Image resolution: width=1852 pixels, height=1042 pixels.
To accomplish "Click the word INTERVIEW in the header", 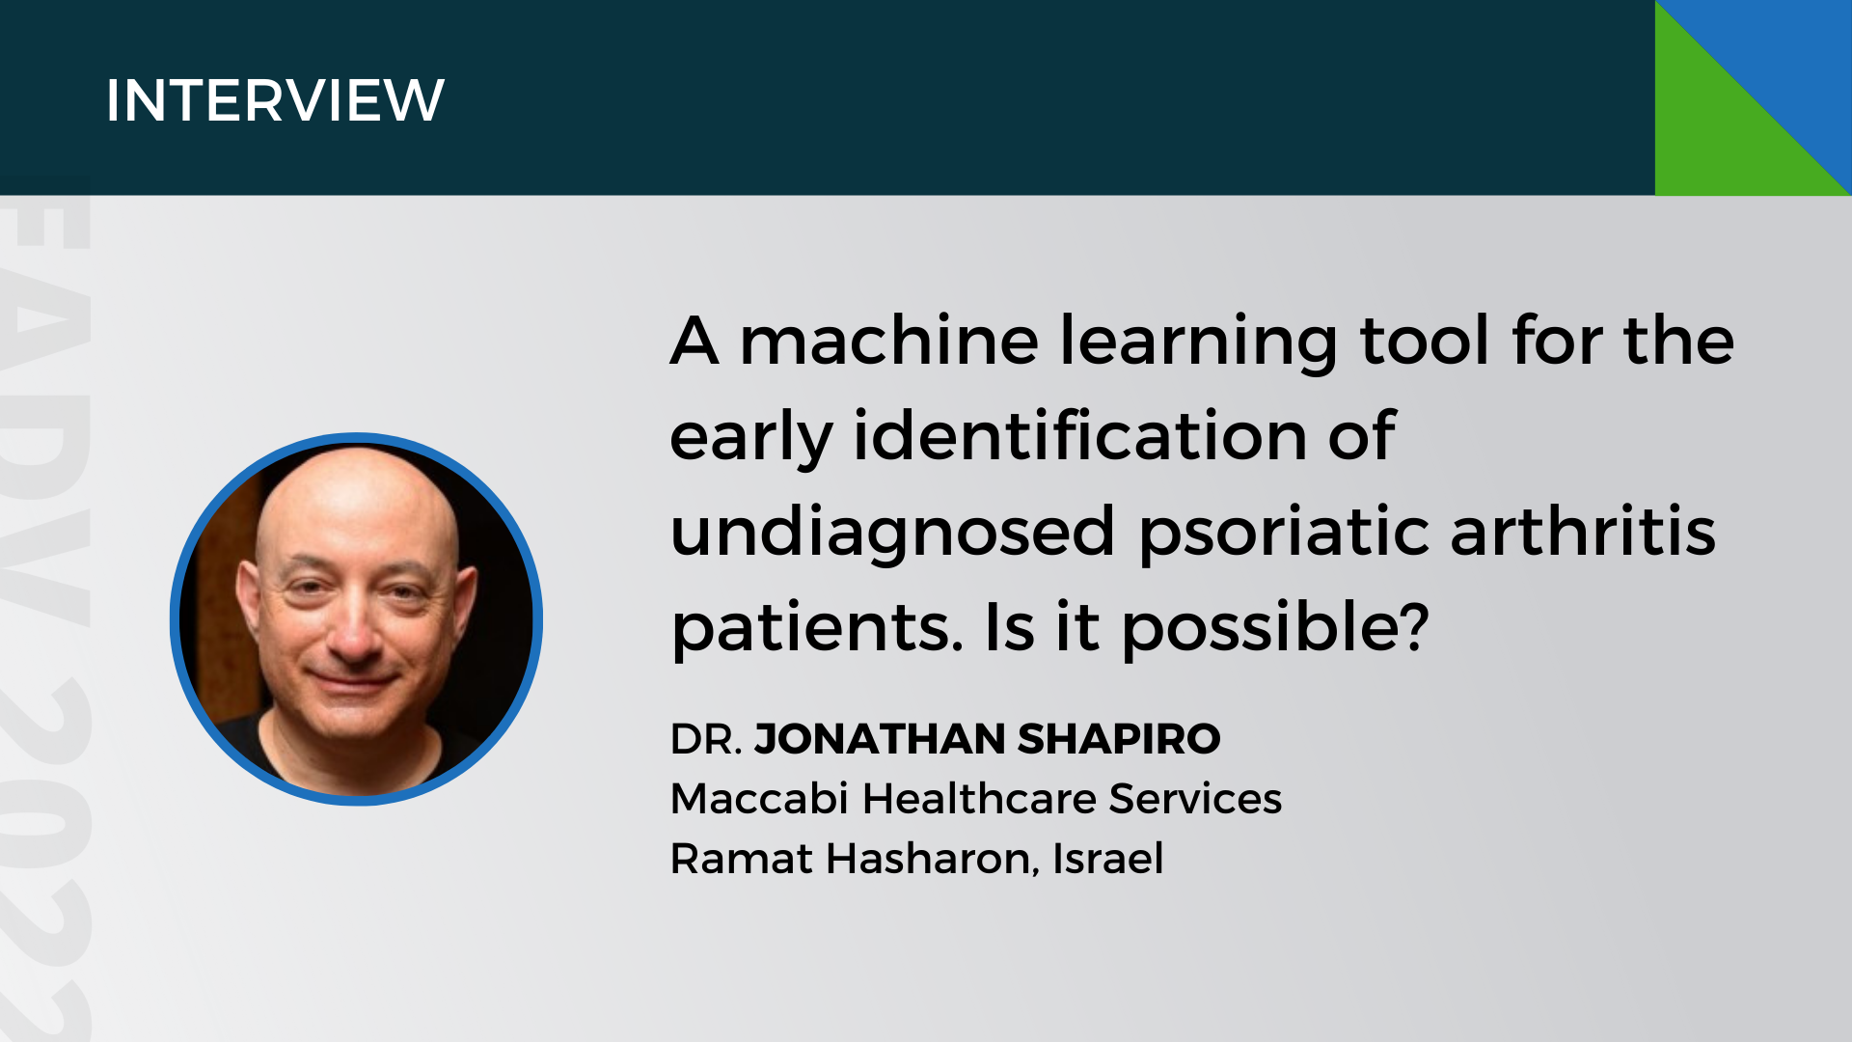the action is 275,100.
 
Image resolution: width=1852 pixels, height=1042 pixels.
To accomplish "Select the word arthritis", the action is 1583,532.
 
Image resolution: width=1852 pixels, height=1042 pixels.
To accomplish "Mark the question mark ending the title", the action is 1413,626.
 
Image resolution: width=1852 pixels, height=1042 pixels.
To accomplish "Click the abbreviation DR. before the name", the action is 706,739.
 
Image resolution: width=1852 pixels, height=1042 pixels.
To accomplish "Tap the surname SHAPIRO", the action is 1119,739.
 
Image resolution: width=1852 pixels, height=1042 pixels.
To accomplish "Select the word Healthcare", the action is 978,799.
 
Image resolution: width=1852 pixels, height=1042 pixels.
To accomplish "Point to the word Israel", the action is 1107,858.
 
